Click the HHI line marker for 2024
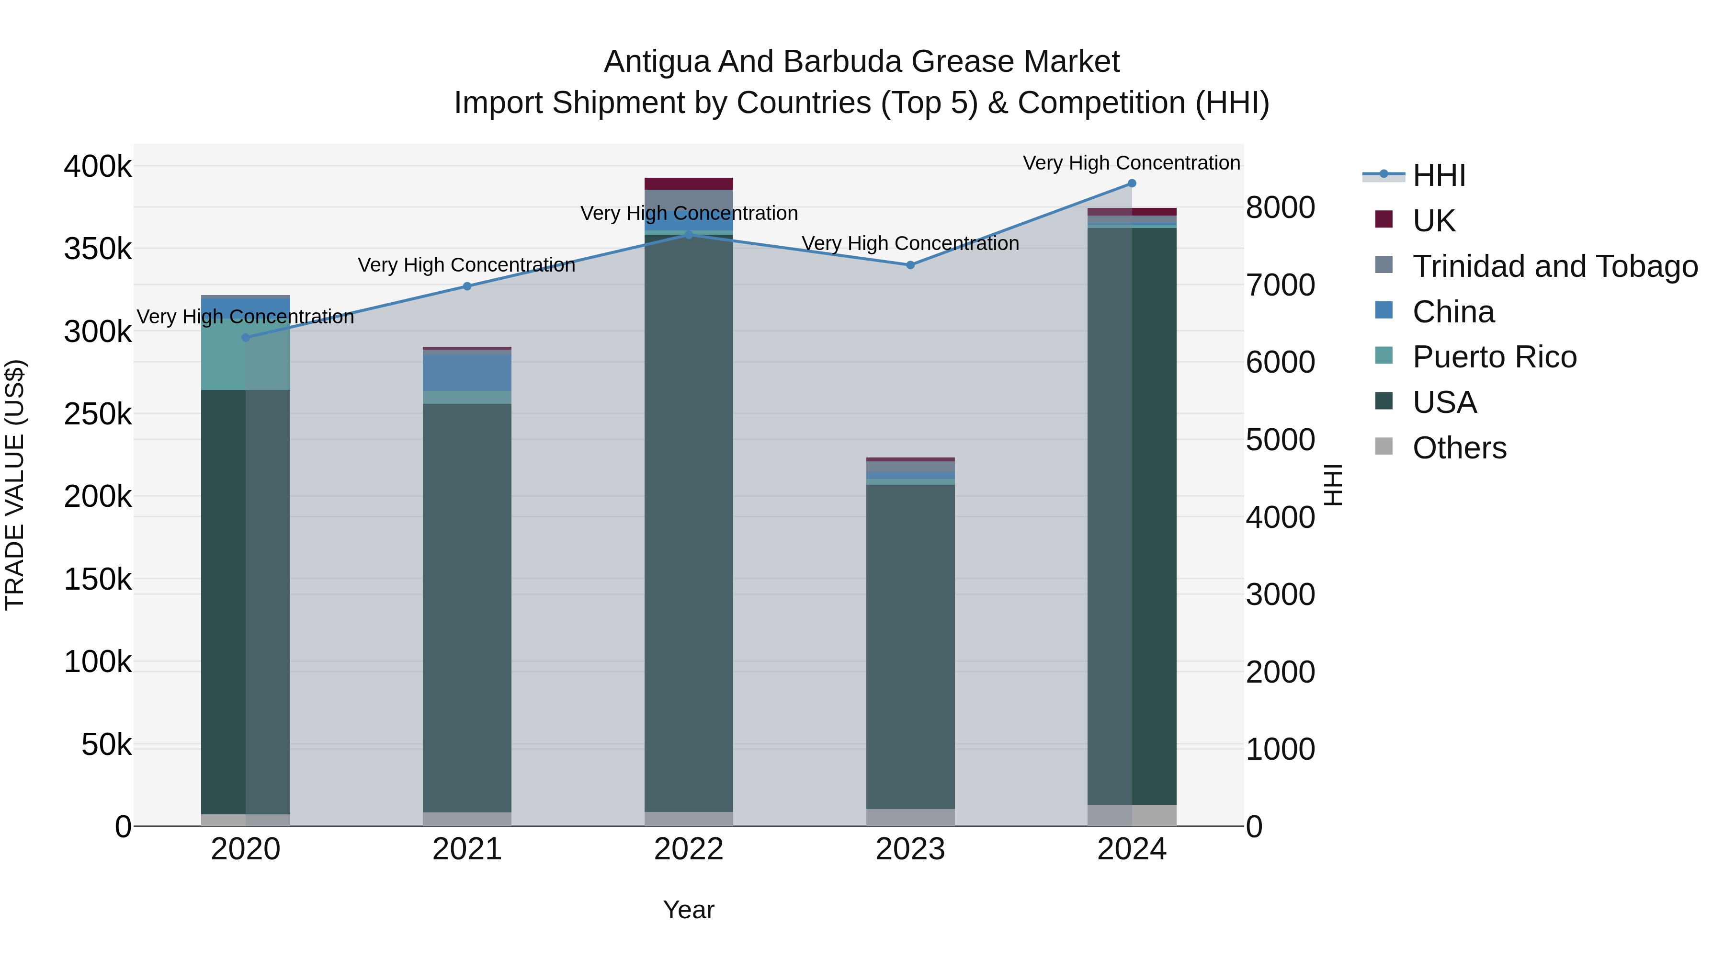(1132, 183)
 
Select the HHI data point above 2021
(467, 286)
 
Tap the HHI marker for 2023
(910, 265)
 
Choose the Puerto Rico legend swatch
(1384, 356)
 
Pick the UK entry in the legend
(1433, 221)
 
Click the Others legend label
(1459, 448)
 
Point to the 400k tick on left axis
(98, 167)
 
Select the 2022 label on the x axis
(689, 849)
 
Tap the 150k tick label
(98, 580)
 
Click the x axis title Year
(689, 910)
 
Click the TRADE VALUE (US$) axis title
(15, 485)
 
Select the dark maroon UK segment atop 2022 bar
(689, 183)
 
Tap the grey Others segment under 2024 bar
(1132, 815)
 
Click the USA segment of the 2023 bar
(910, 646)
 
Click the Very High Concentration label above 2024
(1131, 163)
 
